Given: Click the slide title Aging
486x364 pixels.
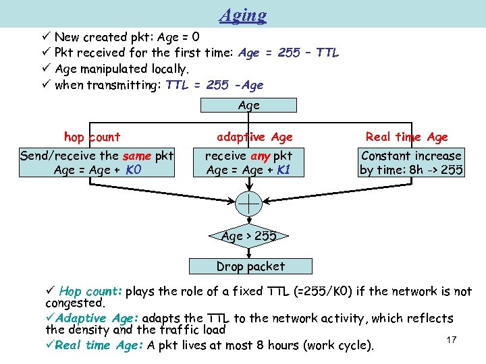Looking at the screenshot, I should coord(243,15).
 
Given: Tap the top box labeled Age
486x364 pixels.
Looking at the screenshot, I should coord(249,105).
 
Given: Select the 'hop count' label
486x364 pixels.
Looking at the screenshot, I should coord(92,137).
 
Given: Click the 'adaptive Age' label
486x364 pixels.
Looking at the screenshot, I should coord(254,137).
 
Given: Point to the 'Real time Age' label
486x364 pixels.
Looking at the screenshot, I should coord(406,137).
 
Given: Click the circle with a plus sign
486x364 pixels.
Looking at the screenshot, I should coord(249,203).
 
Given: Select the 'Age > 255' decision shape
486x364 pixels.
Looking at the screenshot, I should coord(249,237).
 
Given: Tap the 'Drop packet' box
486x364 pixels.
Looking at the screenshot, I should coord(250,266).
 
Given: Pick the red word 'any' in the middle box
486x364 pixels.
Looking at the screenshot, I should coord(261,156).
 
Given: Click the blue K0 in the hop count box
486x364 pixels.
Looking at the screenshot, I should coord(132,170).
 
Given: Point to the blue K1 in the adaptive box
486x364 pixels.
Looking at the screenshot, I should coord(282,170).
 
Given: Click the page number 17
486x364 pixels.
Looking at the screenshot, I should coord(452,339).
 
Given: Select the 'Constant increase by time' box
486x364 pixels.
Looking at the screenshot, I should coord(411,162).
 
